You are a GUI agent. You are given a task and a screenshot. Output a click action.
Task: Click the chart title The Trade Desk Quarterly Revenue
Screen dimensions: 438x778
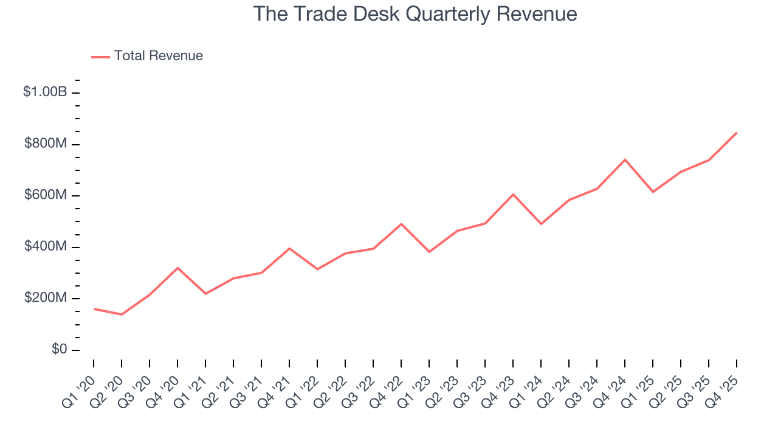pos(415,13)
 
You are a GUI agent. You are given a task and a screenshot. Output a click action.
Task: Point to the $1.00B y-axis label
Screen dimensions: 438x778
pos(44,92)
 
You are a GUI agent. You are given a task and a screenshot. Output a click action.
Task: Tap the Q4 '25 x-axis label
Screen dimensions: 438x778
pos(723,382)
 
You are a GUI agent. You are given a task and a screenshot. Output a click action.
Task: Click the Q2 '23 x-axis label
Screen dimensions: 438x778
pos(444,382)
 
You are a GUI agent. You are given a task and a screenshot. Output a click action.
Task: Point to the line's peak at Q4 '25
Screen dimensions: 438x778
pos(737,133)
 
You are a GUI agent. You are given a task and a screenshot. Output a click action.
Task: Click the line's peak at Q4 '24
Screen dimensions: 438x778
pos(625,159)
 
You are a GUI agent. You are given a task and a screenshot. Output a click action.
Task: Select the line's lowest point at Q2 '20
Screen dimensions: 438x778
pos(122,315)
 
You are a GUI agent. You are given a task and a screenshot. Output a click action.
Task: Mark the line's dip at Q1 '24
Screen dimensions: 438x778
pos(541,224)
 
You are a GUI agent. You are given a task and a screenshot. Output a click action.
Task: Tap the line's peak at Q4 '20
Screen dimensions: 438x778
pos(177,268)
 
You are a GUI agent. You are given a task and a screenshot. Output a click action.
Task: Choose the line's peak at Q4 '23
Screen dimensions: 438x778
pos(513,194)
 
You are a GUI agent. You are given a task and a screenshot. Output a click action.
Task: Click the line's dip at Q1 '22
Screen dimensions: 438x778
pos(317,269)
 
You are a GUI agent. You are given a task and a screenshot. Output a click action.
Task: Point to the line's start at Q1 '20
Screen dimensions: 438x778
pos(94,309)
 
